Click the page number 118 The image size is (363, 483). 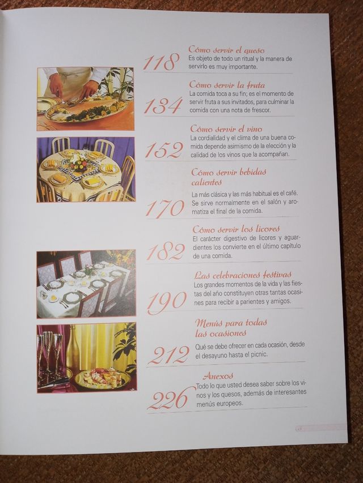[x=161, y=62]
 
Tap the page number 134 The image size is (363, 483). [x=163, y=106]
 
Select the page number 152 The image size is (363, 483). [x=164, y=150]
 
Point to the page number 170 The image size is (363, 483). [x=165, y=208]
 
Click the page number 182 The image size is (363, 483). [x=166, y=251]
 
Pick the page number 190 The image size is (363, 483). [x=167, y=300]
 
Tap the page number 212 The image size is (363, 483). [x=168, y=355]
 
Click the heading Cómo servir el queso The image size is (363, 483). [x=226, y=50]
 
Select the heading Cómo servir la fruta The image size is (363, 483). [x=227, y=85]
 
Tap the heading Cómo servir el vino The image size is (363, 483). [x=226, y=129]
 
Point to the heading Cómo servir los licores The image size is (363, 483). [x=236, y=229]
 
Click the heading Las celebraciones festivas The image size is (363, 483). [x=243, y=275]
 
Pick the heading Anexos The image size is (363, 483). [x=218, y=376]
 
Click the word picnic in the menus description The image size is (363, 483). [x=259, y=354]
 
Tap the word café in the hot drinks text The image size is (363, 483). [x=292, y=194]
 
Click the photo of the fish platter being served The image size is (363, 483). [x=86, y=99]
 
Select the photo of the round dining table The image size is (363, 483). [x=86, y=169]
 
